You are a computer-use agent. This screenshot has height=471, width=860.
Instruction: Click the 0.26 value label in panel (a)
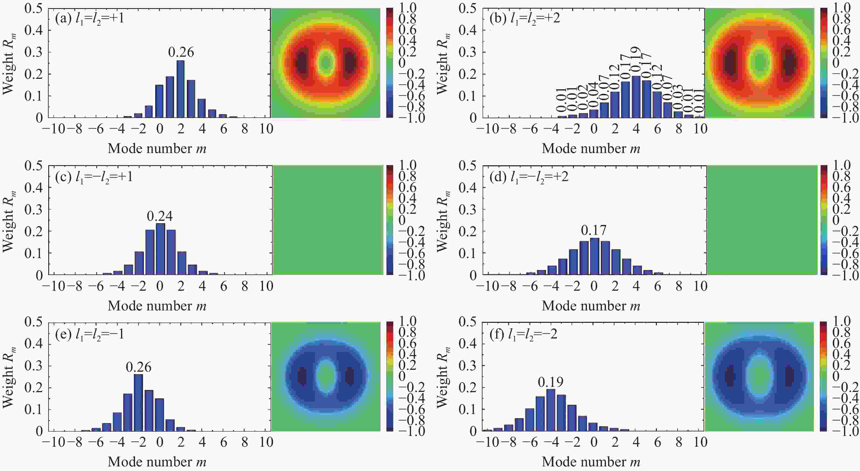coord(181,52)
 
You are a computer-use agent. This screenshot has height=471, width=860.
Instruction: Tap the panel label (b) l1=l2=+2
coord(525,18)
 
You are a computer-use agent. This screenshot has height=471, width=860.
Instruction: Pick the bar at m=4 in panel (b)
coord(636,97)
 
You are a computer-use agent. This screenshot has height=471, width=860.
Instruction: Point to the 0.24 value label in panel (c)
coord(160,216)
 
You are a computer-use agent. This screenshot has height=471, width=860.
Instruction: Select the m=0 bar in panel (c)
coord(160,249)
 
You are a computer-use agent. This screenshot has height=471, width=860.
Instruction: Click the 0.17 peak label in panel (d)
coord(594,230)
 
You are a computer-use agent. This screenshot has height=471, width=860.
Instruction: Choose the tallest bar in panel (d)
coord(594,256)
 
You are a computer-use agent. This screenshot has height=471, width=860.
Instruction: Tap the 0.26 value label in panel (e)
coord(139,367)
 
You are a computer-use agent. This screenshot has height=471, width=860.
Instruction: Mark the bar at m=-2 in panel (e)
coord(139,402)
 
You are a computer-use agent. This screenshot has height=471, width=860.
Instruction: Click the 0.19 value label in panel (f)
coord(551,382)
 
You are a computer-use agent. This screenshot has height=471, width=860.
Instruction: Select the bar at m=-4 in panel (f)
coord(551,410)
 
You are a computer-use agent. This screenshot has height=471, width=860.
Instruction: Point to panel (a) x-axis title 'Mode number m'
coord(157,148)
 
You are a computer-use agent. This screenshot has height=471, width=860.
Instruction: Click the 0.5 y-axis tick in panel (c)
coord(34,166)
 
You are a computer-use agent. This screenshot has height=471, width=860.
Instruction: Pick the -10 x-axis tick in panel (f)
coord(487,442)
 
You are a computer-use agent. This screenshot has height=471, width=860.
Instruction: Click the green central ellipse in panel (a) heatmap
coord(326,62)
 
